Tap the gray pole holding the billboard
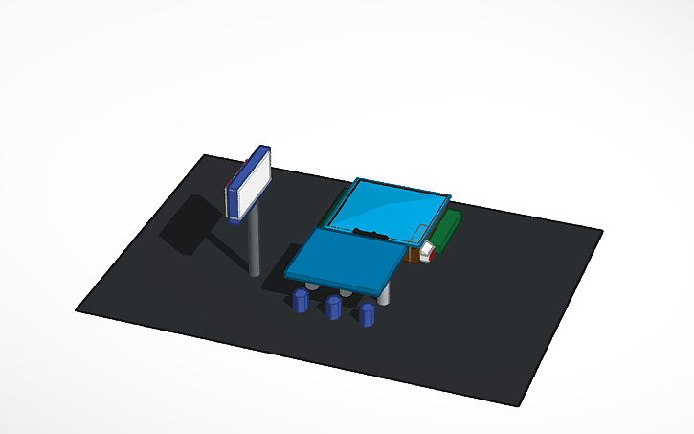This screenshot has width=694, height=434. [x=255, y=244]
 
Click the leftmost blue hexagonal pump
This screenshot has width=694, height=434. [x=301, y=302]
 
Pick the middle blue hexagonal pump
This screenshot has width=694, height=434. [x=333, y=308]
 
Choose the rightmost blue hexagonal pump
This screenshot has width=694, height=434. [x=367, y=313]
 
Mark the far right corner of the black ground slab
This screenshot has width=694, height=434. [x=601, y=230]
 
